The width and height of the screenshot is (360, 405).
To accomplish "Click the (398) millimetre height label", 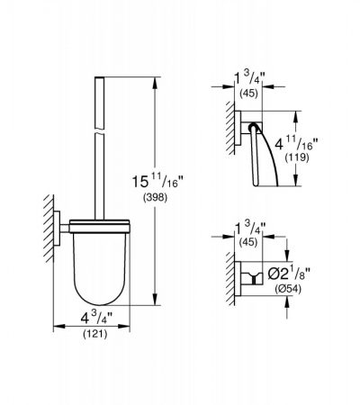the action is click(x=155, y=197).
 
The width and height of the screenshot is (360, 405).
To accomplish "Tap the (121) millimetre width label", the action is click(x=95, y=334).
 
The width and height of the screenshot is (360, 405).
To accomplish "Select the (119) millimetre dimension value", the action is click(x=297, y=157).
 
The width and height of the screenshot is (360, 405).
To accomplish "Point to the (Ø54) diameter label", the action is click(x=288, y=289).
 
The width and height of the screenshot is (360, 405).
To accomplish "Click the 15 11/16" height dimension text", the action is click(x=157, y=181).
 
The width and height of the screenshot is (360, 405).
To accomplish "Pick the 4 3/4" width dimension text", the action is click(x=96, y=318).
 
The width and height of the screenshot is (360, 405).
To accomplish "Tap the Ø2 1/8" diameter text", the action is click(x=289, y=274).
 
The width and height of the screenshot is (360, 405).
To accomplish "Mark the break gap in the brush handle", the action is click(x=100, y=131).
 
